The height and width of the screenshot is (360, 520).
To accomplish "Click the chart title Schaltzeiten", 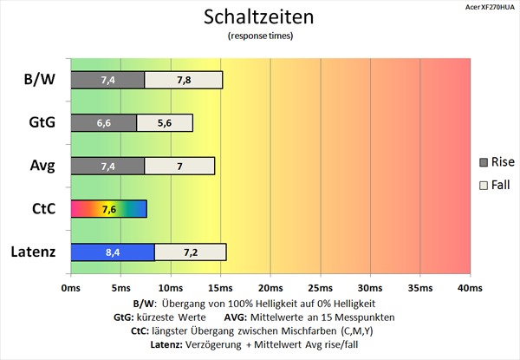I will tap(259, 16).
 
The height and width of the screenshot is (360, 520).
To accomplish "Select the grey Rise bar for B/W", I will tap(107, 80).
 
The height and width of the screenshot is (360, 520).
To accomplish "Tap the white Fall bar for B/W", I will tap(183, 80).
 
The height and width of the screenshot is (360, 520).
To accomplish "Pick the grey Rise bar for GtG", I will tap(103, 122).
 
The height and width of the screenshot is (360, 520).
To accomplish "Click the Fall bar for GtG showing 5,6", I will tap(164, 122).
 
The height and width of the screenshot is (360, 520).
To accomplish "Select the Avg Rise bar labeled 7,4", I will tap(107, 165).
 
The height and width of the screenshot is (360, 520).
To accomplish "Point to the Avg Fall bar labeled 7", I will tap(179, 165).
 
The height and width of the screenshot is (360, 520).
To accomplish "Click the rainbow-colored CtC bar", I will tap(108, 209).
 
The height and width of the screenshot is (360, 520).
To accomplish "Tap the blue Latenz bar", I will tap(112, 252).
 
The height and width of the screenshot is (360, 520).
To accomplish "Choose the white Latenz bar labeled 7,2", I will tap(190, 252).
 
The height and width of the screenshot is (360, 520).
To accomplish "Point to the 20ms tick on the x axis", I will tap(270, 287).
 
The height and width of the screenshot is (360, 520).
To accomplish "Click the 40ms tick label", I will tap(469, 287).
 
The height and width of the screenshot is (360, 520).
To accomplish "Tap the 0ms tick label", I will tap(70, 287).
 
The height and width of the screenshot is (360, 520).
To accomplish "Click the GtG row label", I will tap(40, 122).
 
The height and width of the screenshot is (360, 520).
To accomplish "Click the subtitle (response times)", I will tap(259, 36).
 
